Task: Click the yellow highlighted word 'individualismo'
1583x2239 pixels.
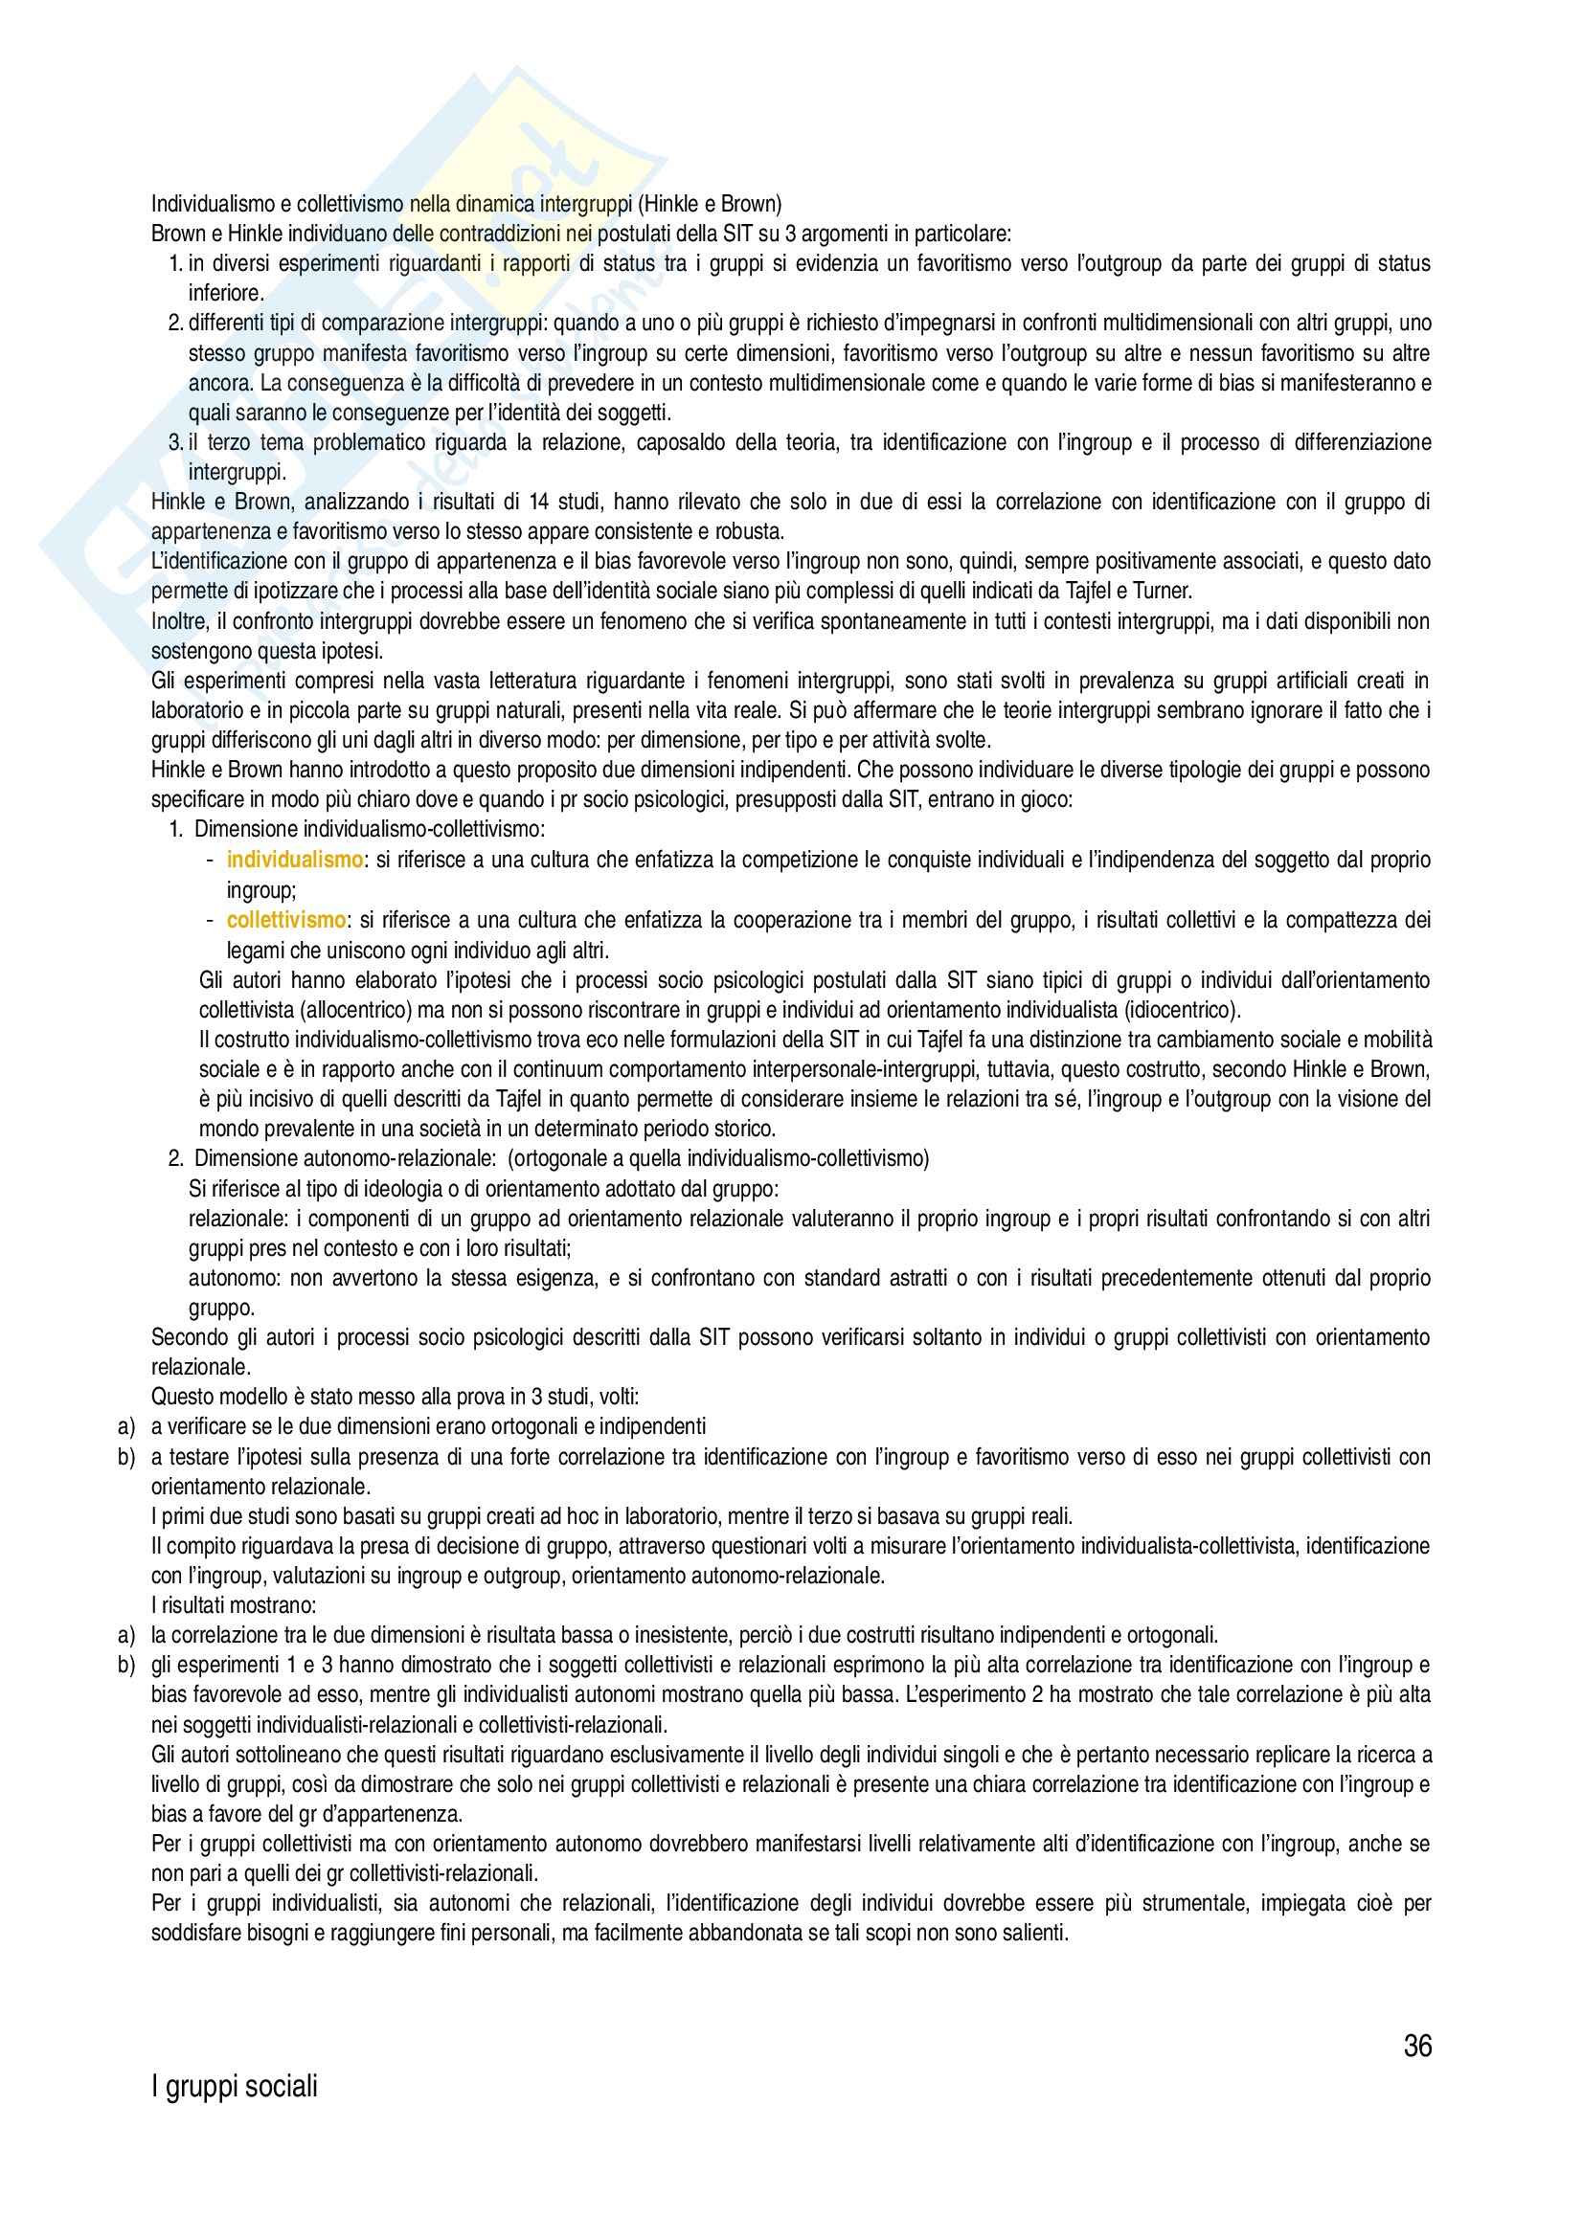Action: (x=295, y=861)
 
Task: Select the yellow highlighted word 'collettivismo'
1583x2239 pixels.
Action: (x=285, y=920)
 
